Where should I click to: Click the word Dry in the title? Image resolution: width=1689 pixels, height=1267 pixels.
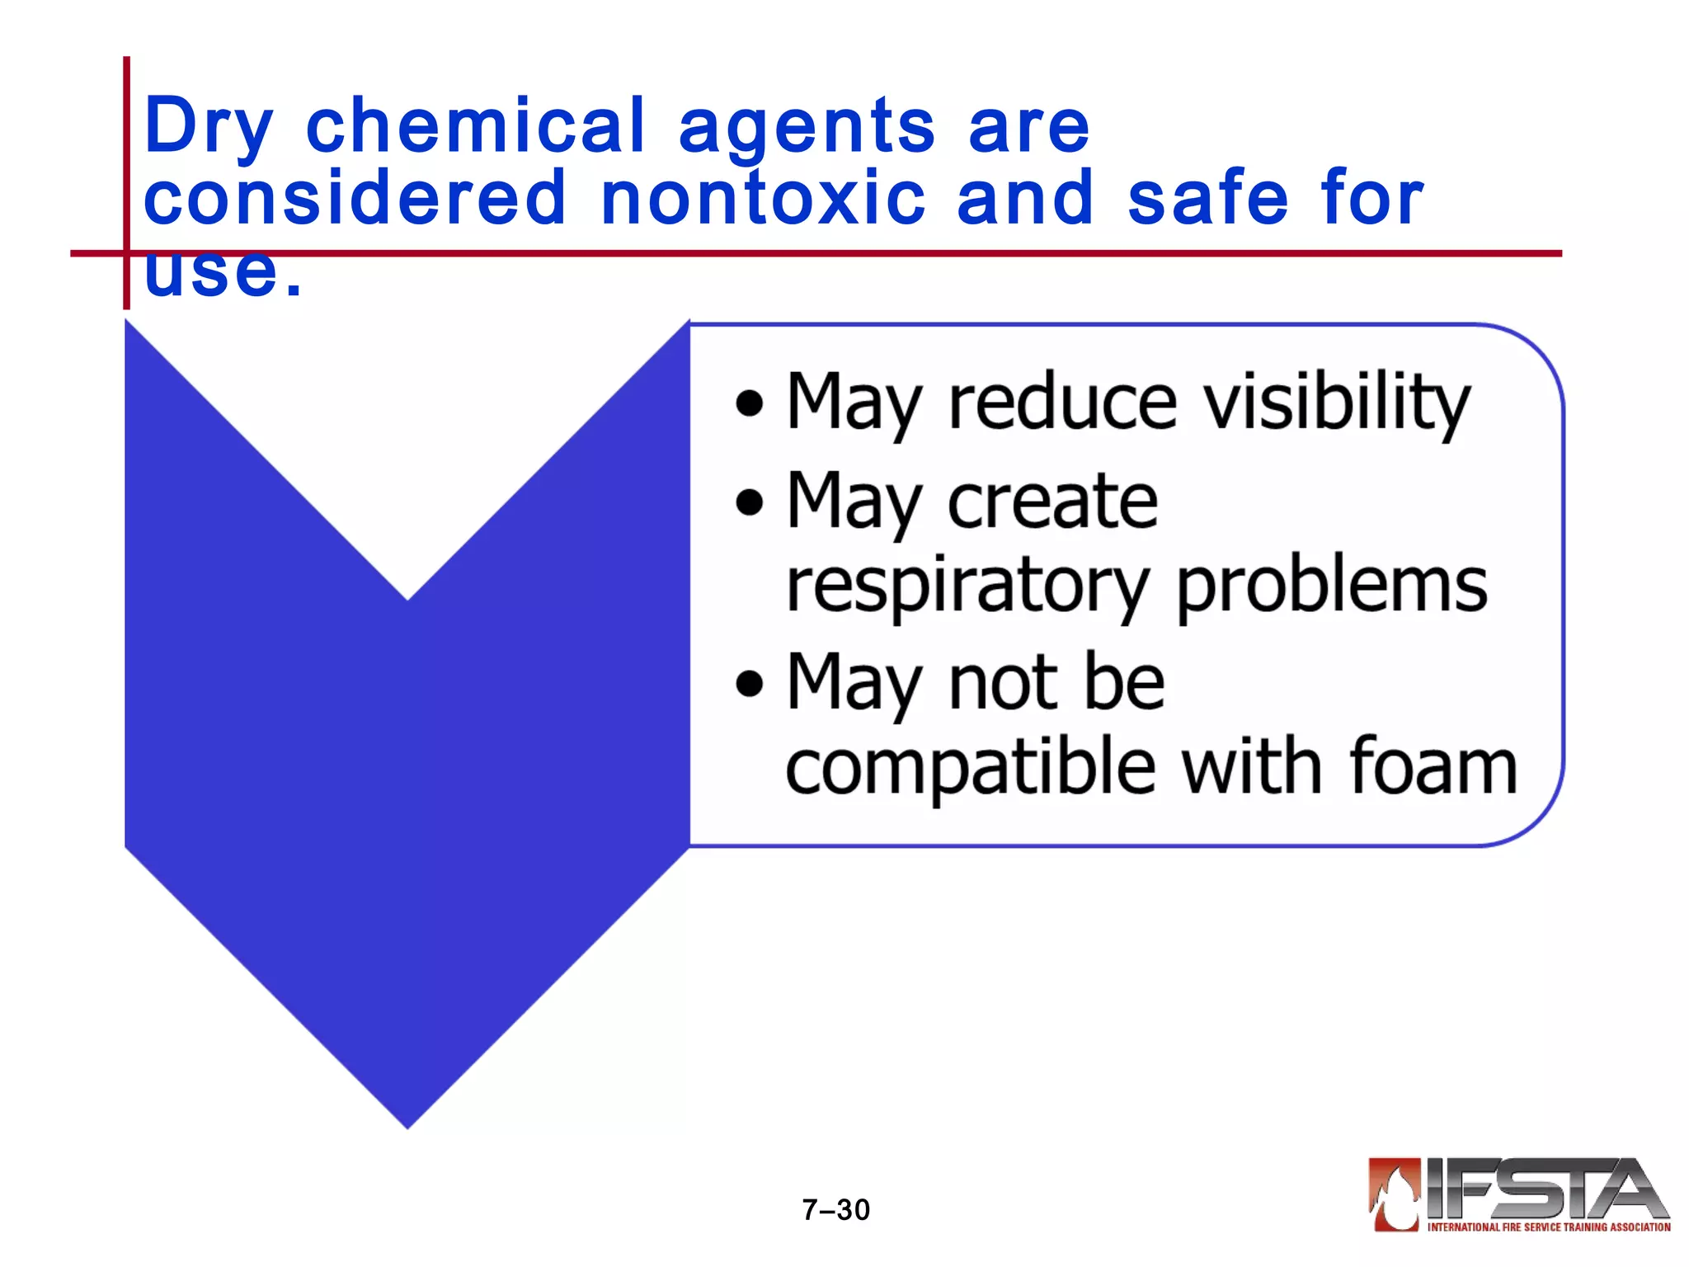point(207,128)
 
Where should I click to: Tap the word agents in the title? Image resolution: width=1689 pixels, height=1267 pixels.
point(807,128)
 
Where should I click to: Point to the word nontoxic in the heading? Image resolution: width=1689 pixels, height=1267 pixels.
point(763,198)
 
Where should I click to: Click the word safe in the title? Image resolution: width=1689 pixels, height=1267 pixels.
point(1207,198)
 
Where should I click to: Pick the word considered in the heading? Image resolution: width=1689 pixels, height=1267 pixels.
point(355,198)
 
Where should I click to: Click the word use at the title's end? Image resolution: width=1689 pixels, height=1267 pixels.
point(211,272)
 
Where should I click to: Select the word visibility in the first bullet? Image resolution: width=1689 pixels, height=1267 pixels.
point(1336,403)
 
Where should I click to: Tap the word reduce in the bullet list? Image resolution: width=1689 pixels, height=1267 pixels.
point(1062,403)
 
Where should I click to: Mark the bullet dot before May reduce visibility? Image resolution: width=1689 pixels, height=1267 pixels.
point(749,404)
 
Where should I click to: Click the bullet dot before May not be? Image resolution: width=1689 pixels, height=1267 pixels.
point(749,684)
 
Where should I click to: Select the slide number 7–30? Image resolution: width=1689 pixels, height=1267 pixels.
point(835,1210)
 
